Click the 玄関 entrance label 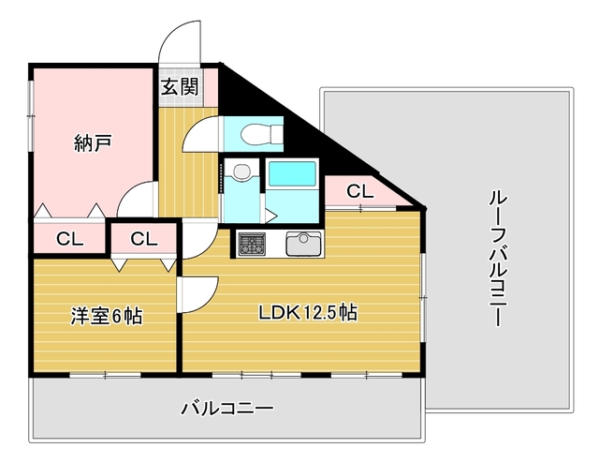[x=180, y=87]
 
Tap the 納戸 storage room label [x=93, y=143]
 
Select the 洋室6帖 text [x=107, y=317]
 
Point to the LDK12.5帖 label [x=308, y=312]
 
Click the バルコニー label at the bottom [x=226, y=409]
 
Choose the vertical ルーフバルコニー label [x=498, y=259]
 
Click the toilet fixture [x=261, y=134]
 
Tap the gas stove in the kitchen [x=252, y=244]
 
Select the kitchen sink [x=303, y=244]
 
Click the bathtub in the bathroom [x=292, y=173]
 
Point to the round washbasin [x=241, y=171]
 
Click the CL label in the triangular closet [x=359, y=191]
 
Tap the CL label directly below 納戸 [x=70, y=239]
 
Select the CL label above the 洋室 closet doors [x=144, y=239]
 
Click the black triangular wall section [x=290, y=127]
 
